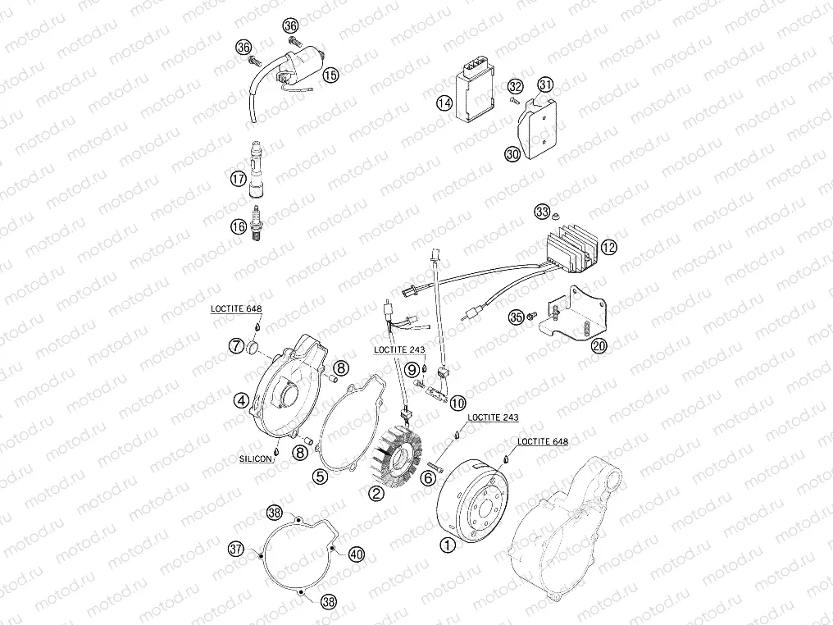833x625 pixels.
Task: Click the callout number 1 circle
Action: click(447, 543)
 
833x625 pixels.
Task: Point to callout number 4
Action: click(241, 400)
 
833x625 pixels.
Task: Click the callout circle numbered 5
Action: click(321, 475)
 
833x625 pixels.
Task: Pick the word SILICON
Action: click(256, 459)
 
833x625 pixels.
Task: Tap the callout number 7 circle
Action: click(236, 344)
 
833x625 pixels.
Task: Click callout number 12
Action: click(608, 245)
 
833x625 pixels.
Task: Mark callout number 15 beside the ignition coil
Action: click(330, 75)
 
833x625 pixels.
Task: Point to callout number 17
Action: click(237, 178)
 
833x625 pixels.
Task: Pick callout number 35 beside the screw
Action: click(516, 315)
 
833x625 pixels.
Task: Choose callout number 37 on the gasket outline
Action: click(236, 548)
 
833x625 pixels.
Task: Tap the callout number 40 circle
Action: click(355, 554)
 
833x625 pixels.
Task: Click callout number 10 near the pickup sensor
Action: click(457, 402)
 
